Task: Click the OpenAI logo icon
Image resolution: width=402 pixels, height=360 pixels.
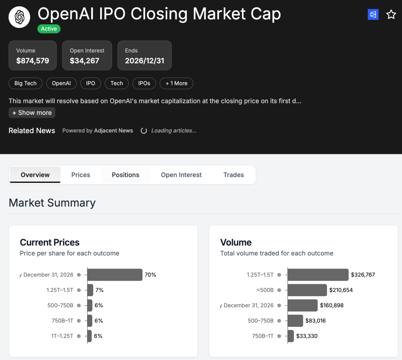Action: pyautogui.click(x=19, y=17)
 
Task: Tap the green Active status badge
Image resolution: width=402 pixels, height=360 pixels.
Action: pyautogui.click(x=49, y=29)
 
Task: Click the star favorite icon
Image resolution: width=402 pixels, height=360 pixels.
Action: pyautogui.click(x=391, y=15)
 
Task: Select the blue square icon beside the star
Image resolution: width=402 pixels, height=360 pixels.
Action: pyautogui.click(x=373, y=15)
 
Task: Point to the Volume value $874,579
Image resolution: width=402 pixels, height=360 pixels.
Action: pyautogui.click(x=33, y=61)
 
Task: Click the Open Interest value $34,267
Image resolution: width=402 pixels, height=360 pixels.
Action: pyautogui.click(x=84, y=61)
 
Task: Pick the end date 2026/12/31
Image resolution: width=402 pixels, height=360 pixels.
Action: pyautogui.click(x=144, y=61)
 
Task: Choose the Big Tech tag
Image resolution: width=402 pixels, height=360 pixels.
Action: pyautogui.click(x=25, y=83)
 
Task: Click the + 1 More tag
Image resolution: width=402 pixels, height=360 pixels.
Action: pyautogui.click(x=176, y=83)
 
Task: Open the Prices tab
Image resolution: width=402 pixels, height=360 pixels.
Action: pyautogui.click(x=81, y=175)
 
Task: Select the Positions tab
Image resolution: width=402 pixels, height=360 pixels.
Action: pyautogui.click(x=125, y=175)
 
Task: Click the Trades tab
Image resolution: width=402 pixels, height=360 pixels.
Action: pyautogui.click(x=233, y=175)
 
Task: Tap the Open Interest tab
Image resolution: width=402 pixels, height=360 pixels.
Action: pyautogui.click(x=181, y=175)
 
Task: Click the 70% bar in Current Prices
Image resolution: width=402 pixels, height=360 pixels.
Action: pyautogui.click(x=115, y=275)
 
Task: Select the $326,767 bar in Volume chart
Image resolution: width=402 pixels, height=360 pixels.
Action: pyautogui.click(x=318, y=275)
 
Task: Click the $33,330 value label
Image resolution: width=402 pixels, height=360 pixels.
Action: pyautogui.click(x=307, y=336)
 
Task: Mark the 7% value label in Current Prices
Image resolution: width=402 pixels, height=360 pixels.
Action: pyautogui.click(x=99, y=290)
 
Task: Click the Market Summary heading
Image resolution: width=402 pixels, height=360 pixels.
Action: pyautogui.click(x=52, y=203)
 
